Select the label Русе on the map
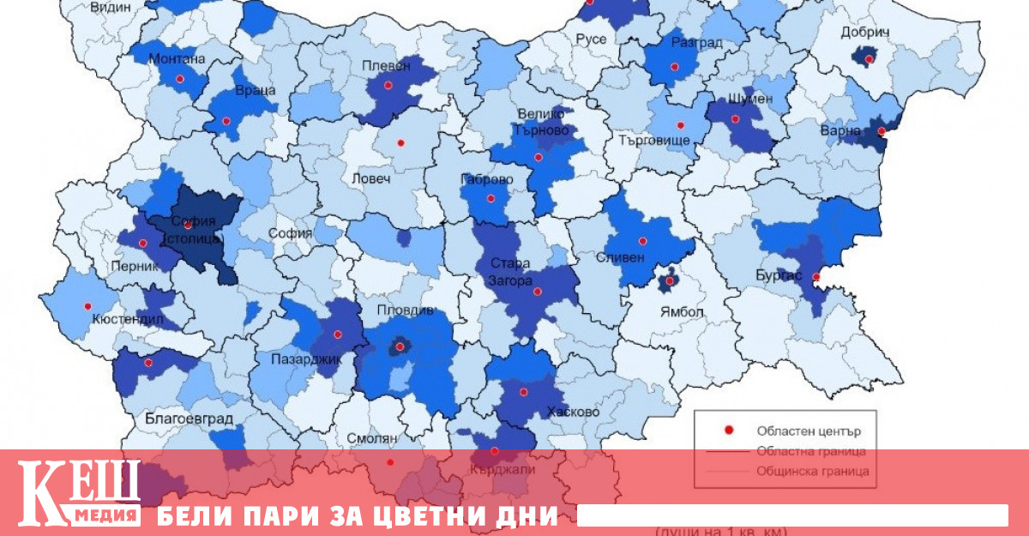click(591, 39)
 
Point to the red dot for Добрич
click(870, 58)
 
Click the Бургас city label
click(779, 276)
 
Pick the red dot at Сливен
click(642, 240)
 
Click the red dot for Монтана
click(180, 79)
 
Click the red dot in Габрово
click(491, 198)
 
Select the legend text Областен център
click(808, 431)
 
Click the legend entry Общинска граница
click(812, 471)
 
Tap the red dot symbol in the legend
click(729, 431)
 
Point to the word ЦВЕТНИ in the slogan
click(429, 516)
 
